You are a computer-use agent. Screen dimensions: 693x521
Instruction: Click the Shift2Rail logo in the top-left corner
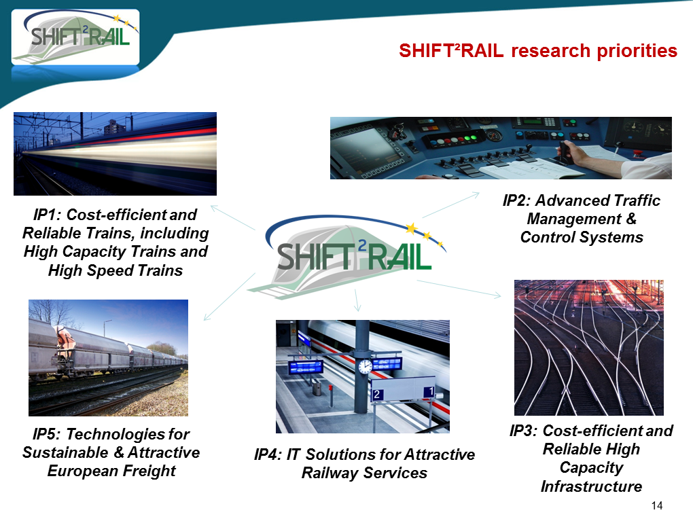pyautogui.click(x=75, y=37)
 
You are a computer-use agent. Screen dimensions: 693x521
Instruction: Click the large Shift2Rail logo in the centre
pyautogui.click(x=347, y=256)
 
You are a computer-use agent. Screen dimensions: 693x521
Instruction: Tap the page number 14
pyautogui.click(x=657, y=505)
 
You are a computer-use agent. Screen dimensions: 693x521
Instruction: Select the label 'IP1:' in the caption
pyautogui.click(x=48, y=215)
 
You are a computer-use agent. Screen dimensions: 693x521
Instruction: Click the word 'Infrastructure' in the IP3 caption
pyautogui.click(x=591, y=486)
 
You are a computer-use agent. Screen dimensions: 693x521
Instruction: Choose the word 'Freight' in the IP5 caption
pyautogui.click(x=149, y=471)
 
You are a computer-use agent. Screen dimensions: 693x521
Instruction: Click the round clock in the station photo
pyautogui.click(x=365, y=366)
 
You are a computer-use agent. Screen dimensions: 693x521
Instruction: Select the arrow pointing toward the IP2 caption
pyautogui.click(x=451, y=205)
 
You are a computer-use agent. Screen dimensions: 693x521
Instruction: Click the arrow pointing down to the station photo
pyautogui.click(x=357, y=300)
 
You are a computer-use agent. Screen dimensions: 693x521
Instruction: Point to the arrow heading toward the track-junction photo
pyautogui.click(x=459, y=289)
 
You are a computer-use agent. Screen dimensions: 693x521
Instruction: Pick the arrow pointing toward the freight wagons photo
pyautogui.click(x=230, y=297)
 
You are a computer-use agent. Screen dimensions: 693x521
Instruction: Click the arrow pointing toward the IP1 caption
pyautogui.click(x=233, y=217)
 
